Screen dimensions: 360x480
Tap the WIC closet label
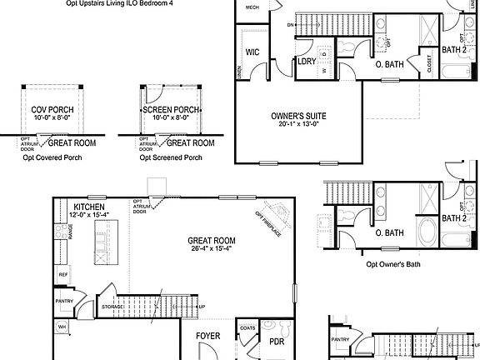252,52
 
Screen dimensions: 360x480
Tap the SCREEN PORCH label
171,110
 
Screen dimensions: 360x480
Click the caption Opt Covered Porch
52,157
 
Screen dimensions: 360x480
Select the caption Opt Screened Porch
171,157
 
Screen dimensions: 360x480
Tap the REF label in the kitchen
62,273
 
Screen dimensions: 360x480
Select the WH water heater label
62,327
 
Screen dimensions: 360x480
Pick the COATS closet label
247,327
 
